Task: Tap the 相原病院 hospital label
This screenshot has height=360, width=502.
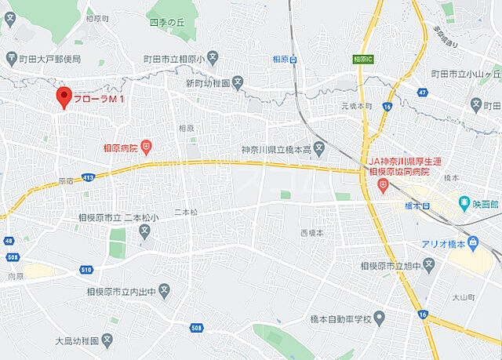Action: [x=120, y=147]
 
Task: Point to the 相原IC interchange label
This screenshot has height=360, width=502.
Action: [x=362, y=59]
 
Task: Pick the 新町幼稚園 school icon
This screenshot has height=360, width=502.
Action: [x=238, y=82]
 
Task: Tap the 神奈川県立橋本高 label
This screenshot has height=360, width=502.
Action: [x=275, y=147]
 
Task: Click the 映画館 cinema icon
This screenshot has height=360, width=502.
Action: [x=464, y=203]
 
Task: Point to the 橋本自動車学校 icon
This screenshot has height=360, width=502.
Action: [x=380, y=318]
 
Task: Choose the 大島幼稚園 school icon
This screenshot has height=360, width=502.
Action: [x=107, y=340]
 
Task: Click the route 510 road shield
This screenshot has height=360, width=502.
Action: [x=85, y=269]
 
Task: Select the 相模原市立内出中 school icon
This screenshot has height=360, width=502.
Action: [x=165, y=293]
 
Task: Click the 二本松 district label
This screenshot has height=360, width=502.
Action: [x=187, y=213]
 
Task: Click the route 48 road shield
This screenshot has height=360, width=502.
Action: [x=9, y=241]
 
